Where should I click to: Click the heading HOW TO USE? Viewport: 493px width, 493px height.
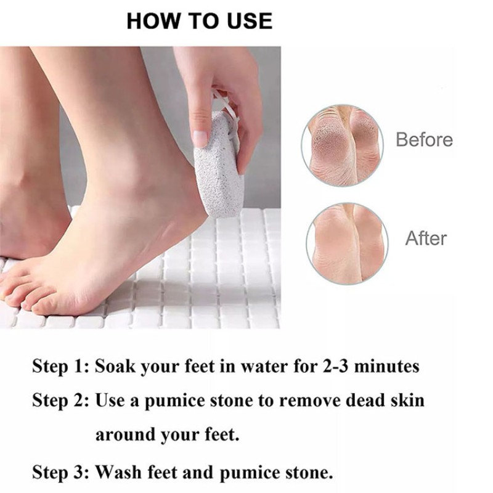click(x=199, y=21)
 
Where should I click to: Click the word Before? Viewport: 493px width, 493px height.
click(x=424, y=140)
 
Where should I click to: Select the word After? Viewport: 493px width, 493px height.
click(x=426, y=238)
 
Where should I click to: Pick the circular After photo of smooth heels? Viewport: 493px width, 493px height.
click(x=347, y=243)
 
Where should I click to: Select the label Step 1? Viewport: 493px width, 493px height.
click(x=61, y=367)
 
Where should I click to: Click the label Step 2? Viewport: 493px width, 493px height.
click(x=61, y=401)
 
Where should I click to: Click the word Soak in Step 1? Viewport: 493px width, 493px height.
click(x=116, y=367)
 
